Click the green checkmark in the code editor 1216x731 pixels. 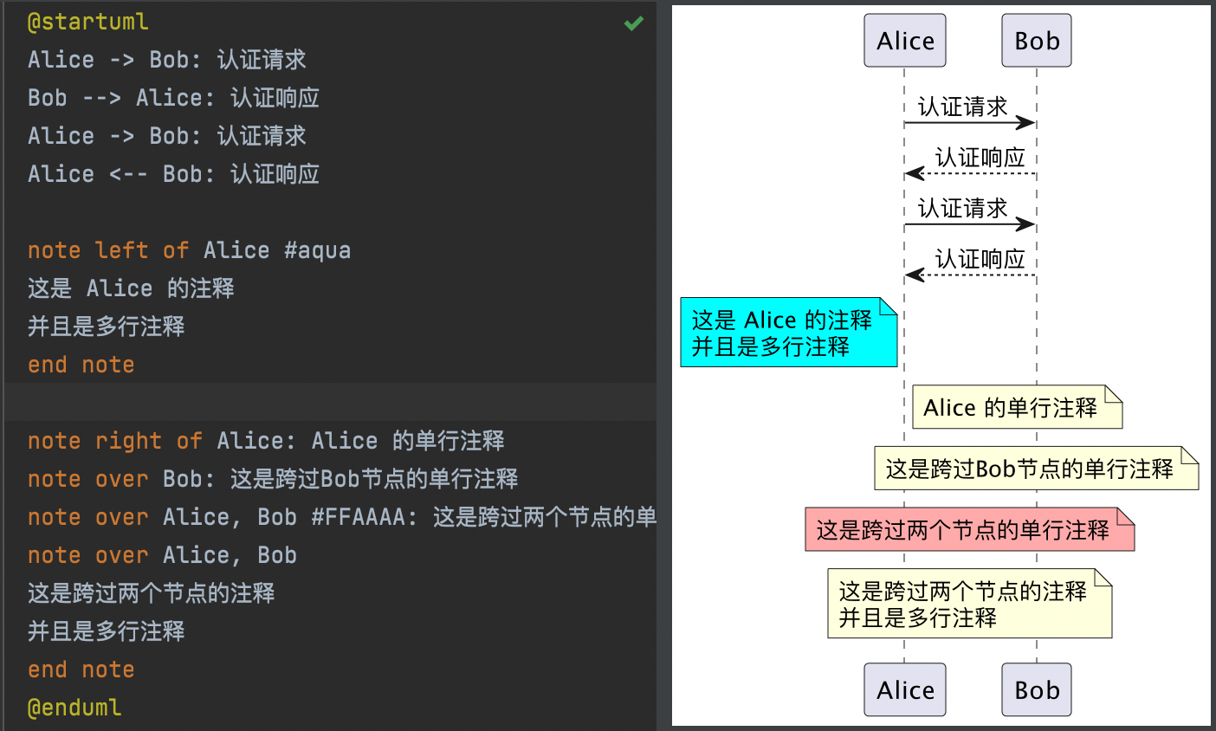[634, 23]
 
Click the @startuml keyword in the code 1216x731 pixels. [87, 22]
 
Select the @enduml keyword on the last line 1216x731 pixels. [74, 708]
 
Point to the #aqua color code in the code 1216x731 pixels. [317, 250]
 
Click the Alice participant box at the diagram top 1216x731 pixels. [905, 41]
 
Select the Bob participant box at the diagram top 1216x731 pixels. [1037, 41]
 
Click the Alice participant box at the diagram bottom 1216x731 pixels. [905, 690]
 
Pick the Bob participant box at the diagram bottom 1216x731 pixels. [1037, 690]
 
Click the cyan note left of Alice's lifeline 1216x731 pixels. [788, 333]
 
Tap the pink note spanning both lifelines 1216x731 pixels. [969, 529]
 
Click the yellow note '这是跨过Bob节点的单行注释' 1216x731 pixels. [1036, 469]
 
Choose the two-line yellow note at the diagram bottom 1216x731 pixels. [969, 604]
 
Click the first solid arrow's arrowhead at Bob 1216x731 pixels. [1027, 123]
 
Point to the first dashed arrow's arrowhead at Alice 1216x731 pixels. [914, 174]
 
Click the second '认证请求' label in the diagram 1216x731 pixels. [962, 208]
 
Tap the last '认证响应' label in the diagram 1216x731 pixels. [980, 258]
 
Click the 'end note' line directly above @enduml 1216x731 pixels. [81, 670]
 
